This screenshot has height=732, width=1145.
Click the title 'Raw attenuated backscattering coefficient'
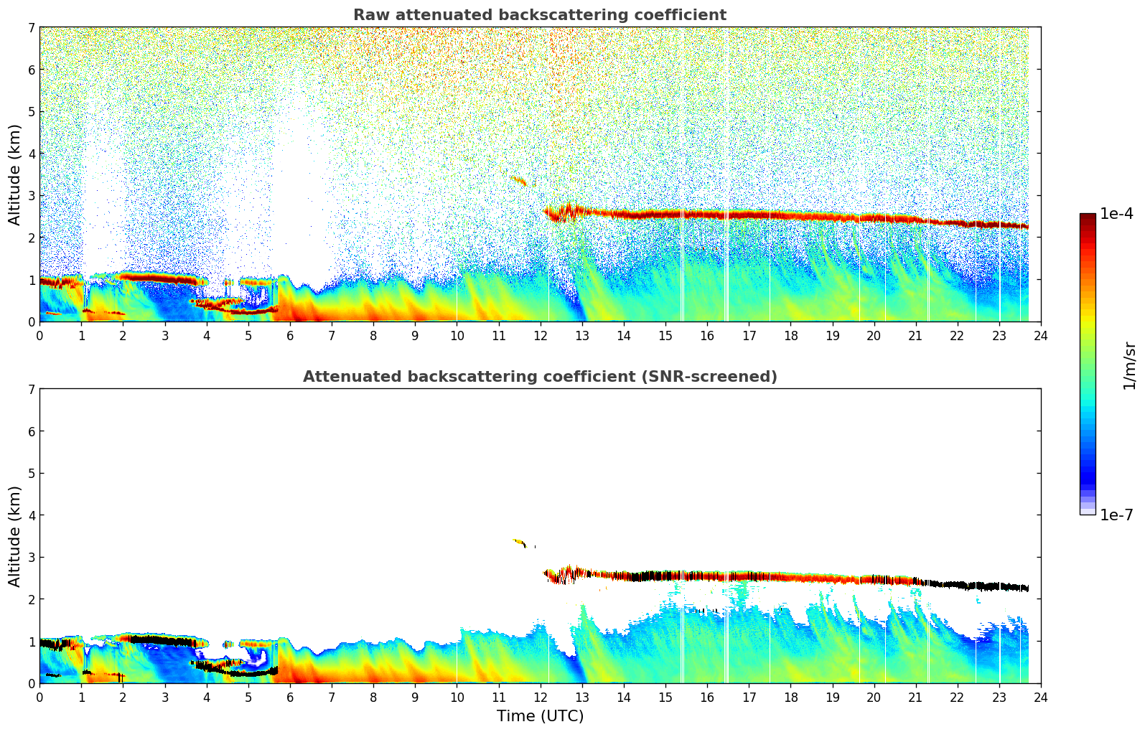click(x=539, y=15)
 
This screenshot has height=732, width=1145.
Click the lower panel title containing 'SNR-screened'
click(x=539, y=377)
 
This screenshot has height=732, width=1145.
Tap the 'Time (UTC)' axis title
click(x=540, y=715)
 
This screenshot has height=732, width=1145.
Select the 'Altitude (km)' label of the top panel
click(x=15, y=174)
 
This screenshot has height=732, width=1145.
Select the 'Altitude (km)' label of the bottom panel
click(x=15, y=536)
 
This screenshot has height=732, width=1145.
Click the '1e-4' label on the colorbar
click(x=1116, y=214)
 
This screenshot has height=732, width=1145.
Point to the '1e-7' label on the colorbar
click(x=1116, y=515)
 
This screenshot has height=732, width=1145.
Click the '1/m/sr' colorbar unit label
click(x=1129, y=365)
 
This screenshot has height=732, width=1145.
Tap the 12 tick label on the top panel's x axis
click(x=540, y=335)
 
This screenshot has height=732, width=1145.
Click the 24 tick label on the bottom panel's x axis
click(x=1040, y=697)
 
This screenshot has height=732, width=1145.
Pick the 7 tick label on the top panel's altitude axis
click(x=32, y=28)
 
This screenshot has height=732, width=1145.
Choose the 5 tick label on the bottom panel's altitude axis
click(x=32, y=474)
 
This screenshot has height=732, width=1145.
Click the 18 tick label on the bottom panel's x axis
click(x=790, y=697)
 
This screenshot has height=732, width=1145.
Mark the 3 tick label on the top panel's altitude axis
click(x=32, y=196)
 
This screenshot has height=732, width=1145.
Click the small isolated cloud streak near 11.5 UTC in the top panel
click(x=519, y=181)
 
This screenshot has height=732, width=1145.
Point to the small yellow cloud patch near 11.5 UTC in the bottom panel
click(x=519, y=543)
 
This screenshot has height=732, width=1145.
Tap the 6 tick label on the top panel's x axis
click(x=290, y=335)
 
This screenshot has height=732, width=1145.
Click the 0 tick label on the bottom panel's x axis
click(x=39, y=697)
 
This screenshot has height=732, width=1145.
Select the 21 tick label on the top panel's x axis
click(x=915, y=335)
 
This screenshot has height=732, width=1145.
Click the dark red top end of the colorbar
click(x=1087, y=217)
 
